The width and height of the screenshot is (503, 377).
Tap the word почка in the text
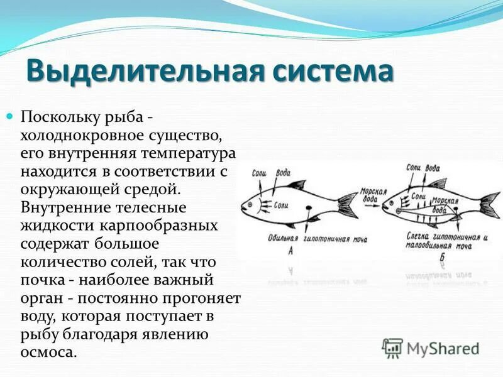(x=43, y=279)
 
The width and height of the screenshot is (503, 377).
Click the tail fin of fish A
(x=348, y=205)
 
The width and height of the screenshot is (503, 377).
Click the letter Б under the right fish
(x=442, y=257)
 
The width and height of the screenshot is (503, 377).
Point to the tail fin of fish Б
(x=489, y=205)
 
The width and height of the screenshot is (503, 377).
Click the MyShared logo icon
(x=393, y=347)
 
